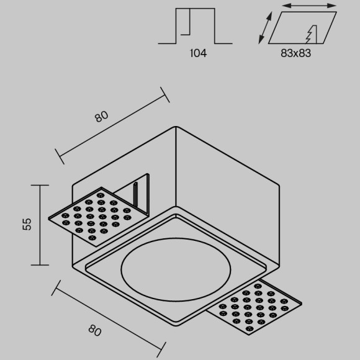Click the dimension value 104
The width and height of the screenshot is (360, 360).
[x=199, y=53]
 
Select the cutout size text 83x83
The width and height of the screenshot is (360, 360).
[x=295, y=53]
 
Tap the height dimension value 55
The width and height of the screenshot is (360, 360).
[x=27, y=224]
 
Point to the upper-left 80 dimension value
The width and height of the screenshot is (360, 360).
[x=101, y=117]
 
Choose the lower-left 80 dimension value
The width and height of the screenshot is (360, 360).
[x=95, y=330]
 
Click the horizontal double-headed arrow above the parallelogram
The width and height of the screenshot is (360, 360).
[x=309, y=6]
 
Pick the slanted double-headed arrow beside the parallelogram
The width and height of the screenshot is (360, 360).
[x=265, y=27]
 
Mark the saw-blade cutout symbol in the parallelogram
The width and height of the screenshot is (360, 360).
[x=312, y=34]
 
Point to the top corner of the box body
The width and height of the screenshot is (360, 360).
[x=176, y=127]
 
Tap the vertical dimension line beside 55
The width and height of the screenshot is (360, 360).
[x=40, y=225]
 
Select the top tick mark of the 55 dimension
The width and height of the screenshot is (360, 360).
[x=40, y=185]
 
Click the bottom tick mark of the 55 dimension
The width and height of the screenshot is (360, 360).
[x=40, y=265]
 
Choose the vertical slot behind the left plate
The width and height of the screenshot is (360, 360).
[x=136, y=194]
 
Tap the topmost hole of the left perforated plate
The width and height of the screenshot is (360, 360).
[x=101, y=195]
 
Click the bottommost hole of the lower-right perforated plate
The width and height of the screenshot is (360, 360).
[x=250, y=328]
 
